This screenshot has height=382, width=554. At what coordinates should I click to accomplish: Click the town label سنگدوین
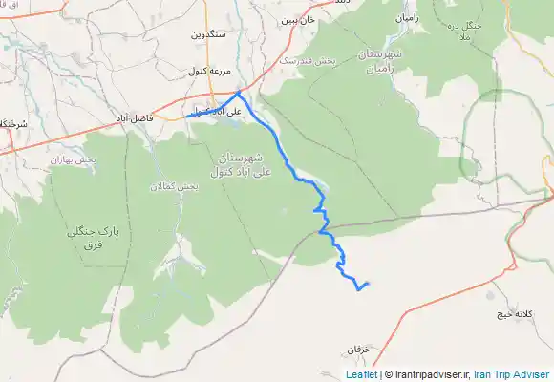tap(206, 34)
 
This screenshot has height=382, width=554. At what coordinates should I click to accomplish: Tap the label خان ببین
tap(297, 19)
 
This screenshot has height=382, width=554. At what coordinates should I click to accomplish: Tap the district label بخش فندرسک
tap(309, 61)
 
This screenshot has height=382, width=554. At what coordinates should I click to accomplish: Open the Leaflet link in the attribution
tap(360, 375)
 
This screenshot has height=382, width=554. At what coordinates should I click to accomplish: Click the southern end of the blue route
tap(368, 284)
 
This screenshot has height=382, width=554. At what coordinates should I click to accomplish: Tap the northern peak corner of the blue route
tap(238, 92)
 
